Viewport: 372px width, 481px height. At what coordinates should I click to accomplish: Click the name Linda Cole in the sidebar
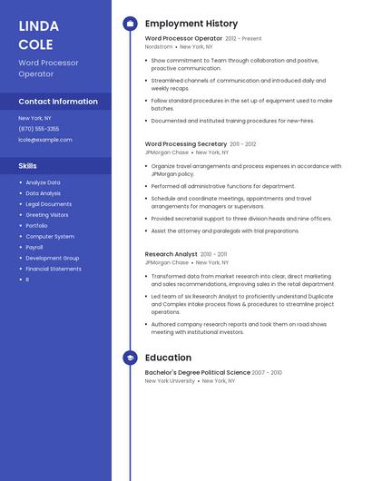pos(38,34)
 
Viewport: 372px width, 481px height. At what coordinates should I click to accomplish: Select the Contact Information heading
pos(58,102)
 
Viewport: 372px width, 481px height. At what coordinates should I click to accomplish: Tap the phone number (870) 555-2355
pos(39,129)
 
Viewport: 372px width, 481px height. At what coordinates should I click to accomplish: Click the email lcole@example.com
pos(45,140)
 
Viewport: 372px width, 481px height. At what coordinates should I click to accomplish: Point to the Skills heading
pos(28,165)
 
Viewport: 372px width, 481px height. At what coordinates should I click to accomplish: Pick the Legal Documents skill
pos(48,204)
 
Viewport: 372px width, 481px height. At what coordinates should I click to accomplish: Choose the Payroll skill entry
pos(34,247)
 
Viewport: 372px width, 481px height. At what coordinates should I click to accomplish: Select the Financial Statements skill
pos(54,269)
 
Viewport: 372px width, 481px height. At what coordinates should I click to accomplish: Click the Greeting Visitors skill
pos(47,215)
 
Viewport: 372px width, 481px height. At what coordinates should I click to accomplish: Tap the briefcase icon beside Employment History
pos(130,24)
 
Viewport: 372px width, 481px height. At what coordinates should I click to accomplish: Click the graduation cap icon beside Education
pos(130,358)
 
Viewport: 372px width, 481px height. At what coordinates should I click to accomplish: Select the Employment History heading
pos(191,24)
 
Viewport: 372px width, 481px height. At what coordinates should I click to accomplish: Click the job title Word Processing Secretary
pos(186,143)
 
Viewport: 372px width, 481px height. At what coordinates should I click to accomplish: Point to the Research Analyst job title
pos(171,254)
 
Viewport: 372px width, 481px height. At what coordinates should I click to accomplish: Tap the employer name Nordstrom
pos(159,46)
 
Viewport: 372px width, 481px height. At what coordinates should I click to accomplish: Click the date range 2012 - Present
pos(243,39)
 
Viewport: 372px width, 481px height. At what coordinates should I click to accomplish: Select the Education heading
pos(168,358)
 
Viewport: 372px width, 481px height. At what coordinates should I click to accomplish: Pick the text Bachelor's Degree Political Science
pos(197,372)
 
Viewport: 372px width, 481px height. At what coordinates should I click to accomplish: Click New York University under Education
pos(170,381)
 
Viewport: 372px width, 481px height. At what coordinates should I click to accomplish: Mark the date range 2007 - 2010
pos(267,372)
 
